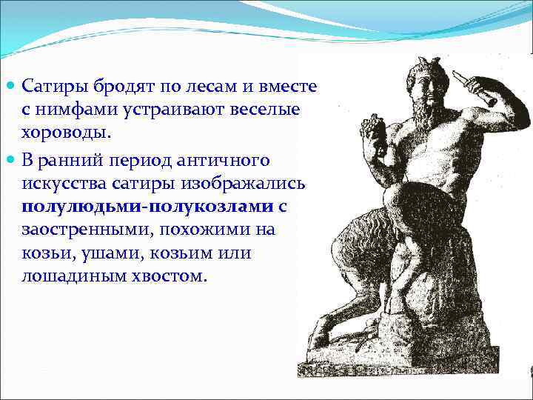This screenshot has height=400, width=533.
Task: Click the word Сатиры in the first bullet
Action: tap(52, 87)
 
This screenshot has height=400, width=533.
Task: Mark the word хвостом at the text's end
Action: tap(170, 276)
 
